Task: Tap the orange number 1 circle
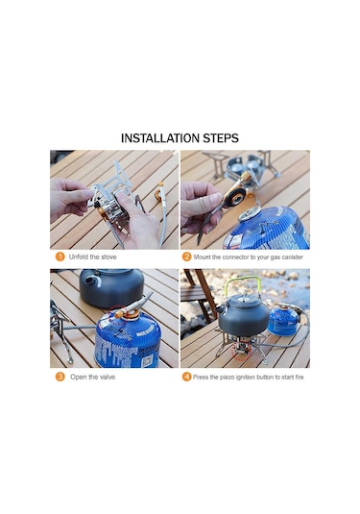60,257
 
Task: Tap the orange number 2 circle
186,257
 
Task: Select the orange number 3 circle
60,377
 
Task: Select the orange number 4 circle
186,377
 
